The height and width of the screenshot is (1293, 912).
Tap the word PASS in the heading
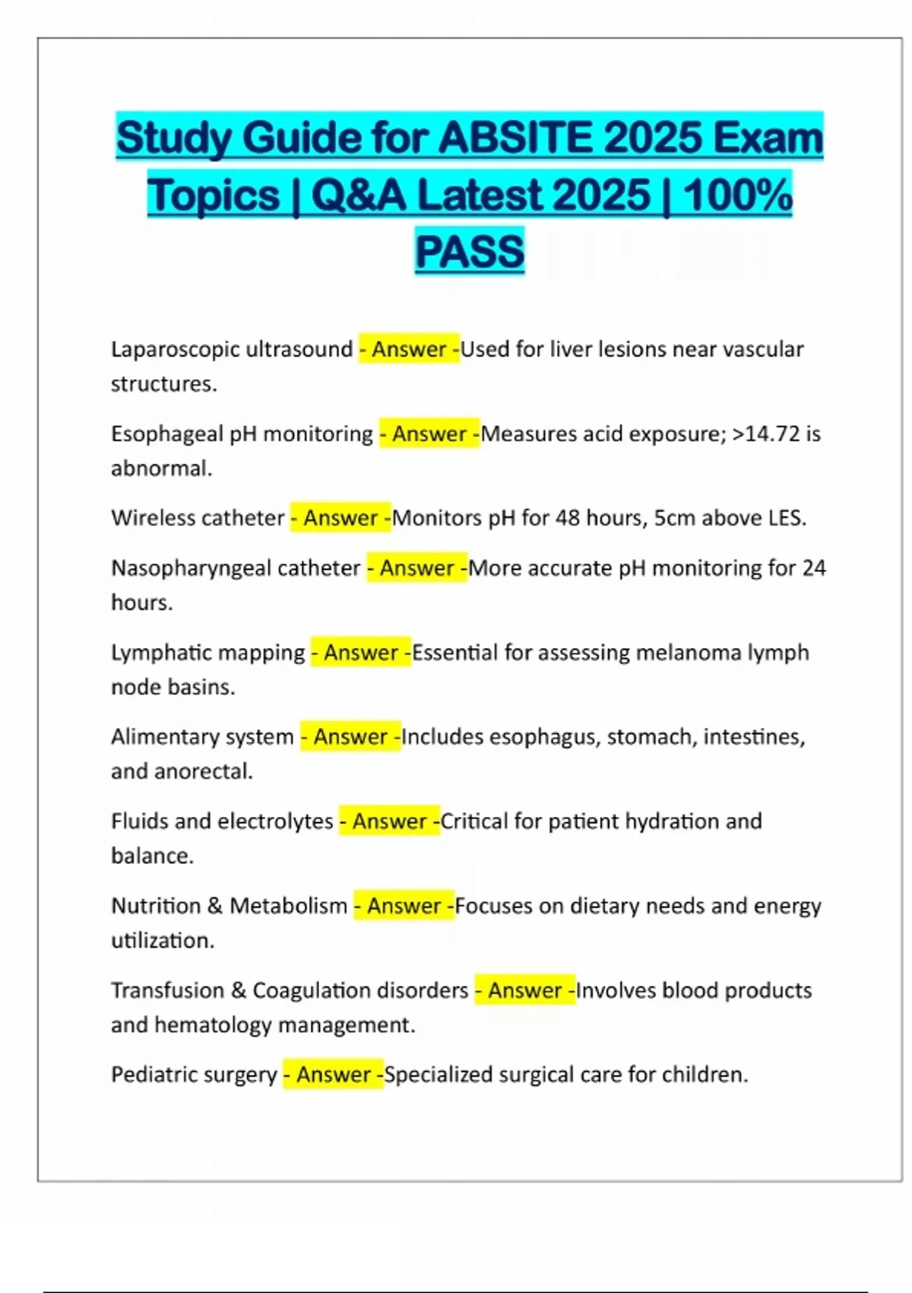[x=470, y=251]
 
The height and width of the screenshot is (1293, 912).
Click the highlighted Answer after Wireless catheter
[x=340, y=518]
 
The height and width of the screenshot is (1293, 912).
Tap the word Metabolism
[x=288, y=906]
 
